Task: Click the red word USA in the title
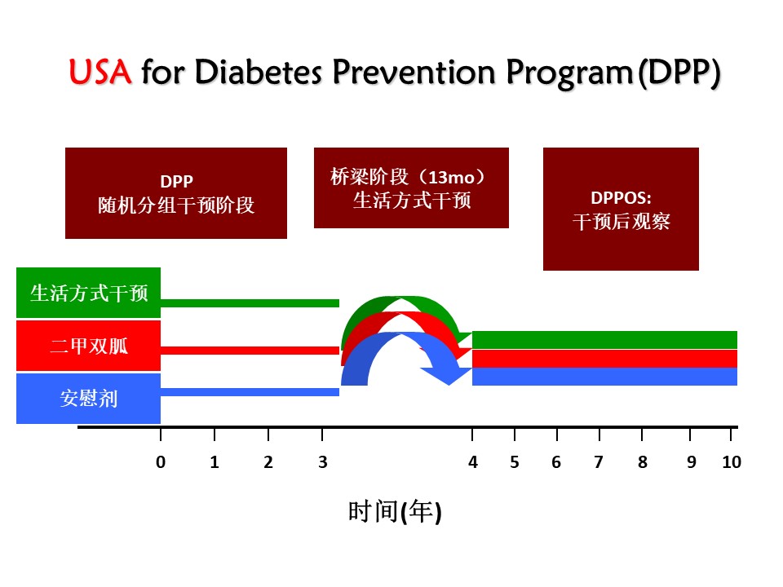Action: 100,72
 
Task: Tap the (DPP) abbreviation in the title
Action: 679,73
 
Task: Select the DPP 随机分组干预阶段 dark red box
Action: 176,193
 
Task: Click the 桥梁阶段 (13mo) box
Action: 411,188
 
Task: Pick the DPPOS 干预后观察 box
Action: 621,210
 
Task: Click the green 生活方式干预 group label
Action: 88,293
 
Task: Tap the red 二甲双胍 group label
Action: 88,346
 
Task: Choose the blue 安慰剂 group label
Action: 88,399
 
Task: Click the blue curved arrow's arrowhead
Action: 448,374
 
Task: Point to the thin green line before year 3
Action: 250,303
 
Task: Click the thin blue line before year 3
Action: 250,392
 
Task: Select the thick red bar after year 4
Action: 604,359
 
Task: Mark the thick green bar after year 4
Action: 604,340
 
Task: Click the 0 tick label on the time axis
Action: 161,462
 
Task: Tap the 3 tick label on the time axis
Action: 323,462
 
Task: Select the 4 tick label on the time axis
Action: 473,462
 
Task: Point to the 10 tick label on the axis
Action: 732,462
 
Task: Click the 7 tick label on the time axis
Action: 599,462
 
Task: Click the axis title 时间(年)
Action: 395,512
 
